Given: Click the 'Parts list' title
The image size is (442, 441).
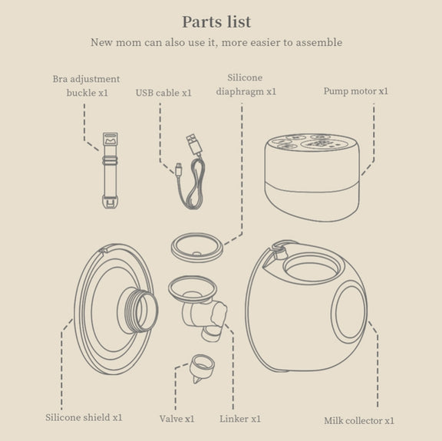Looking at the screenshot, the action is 216,22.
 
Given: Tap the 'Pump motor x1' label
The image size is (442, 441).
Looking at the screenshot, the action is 356,91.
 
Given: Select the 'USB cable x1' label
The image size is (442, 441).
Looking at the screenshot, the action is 163,93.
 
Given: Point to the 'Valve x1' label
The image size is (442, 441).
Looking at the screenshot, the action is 176,419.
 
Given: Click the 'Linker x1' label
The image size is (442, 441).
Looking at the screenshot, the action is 240,419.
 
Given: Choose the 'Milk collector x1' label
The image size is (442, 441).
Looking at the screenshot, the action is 359,420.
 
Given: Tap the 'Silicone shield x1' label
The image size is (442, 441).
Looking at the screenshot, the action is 84,417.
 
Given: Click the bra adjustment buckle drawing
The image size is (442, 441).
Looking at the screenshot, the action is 110,170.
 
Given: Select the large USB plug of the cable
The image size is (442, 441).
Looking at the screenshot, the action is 194,144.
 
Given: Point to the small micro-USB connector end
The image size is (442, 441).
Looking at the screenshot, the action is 179,169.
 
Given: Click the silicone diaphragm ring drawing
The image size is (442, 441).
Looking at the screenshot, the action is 197,248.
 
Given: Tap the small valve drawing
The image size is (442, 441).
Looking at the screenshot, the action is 201,368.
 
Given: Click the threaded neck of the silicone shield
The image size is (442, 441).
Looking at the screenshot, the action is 138,311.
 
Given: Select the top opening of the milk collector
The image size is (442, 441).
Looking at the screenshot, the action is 311,268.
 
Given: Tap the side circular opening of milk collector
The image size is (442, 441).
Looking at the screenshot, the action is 349,312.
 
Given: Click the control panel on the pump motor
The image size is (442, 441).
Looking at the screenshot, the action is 312,143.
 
